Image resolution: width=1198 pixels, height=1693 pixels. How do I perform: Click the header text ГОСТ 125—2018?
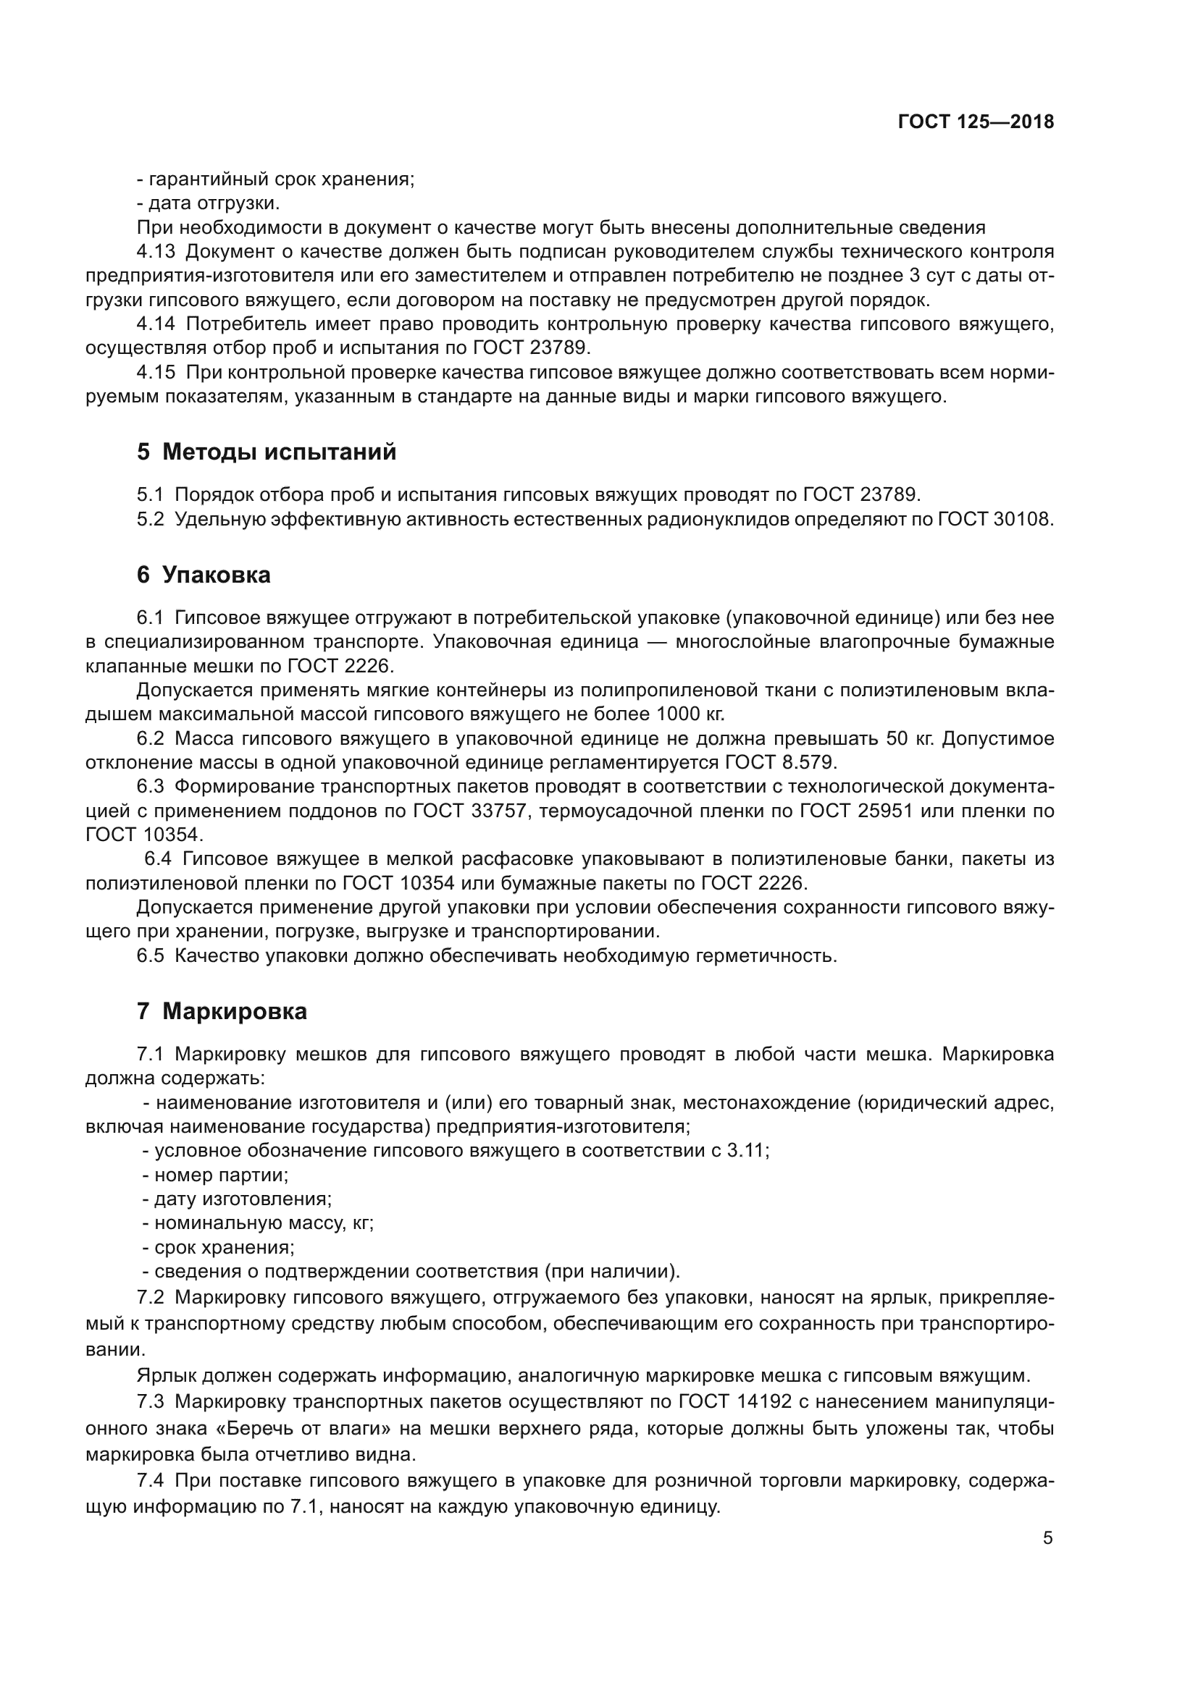[975, 122]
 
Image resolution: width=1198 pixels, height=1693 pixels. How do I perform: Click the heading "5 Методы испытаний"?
[267, 452]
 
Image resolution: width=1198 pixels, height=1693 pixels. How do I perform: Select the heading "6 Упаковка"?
[204, 575]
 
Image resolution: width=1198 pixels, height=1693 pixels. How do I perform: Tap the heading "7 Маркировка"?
[222, 1012]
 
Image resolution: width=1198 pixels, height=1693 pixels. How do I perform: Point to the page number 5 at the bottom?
[1047, 1538]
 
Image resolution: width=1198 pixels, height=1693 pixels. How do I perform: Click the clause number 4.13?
[156, 252]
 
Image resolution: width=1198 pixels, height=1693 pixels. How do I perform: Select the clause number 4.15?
[156, 372]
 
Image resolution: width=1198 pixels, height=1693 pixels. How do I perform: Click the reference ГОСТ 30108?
[994, 519]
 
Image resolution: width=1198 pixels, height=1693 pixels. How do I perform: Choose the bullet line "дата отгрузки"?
[208, 203]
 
